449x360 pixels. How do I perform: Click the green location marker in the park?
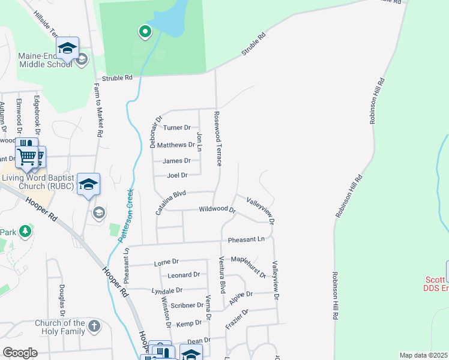point(145,31)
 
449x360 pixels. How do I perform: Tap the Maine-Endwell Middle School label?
point(45,60)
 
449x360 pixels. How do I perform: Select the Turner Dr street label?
point(176,128)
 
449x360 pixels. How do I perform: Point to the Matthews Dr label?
point(175,145)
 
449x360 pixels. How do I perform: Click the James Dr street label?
point(176,161)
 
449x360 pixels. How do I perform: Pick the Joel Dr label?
point(177,175)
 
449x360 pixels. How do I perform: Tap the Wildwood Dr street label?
point(217,209)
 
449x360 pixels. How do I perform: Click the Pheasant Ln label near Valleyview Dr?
point(246,239)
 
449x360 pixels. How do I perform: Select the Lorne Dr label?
point(166,262)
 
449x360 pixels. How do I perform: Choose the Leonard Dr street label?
point(183,275)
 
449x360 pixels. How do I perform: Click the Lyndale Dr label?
point(167,290)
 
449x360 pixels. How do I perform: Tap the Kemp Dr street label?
point(188,324)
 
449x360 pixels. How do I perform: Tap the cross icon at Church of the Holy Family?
point(94,326)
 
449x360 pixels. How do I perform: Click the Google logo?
point(20,353)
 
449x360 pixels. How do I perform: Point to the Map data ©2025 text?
point(423,355)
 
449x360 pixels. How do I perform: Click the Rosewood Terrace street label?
point(219,138)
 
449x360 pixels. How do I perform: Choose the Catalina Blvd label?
point(171,202)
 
